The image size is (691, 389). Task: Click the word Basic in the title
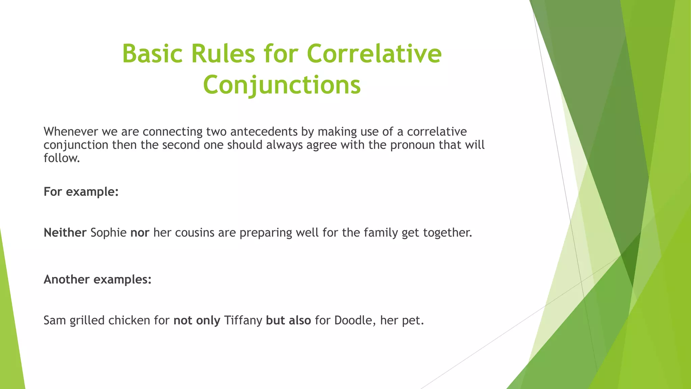pos(152,54)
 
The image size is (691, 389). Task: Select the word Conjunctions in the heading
pos(282,85)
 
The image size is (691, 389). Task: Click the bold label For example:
pos(81,192)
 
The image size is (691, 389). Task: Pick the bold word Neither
pos(65,233)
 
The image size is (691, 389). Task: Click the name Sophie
pos(108,233)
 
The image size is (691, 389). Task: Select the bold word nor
pos(140,233)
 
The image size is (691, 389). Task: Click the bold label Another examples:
pos(98,280)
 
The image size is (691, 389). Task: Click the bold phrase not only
pos(197,320)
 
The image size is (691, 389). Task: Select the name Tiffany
pos(243,320)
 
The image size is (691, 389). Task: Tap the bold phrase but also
pos(288,320)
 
